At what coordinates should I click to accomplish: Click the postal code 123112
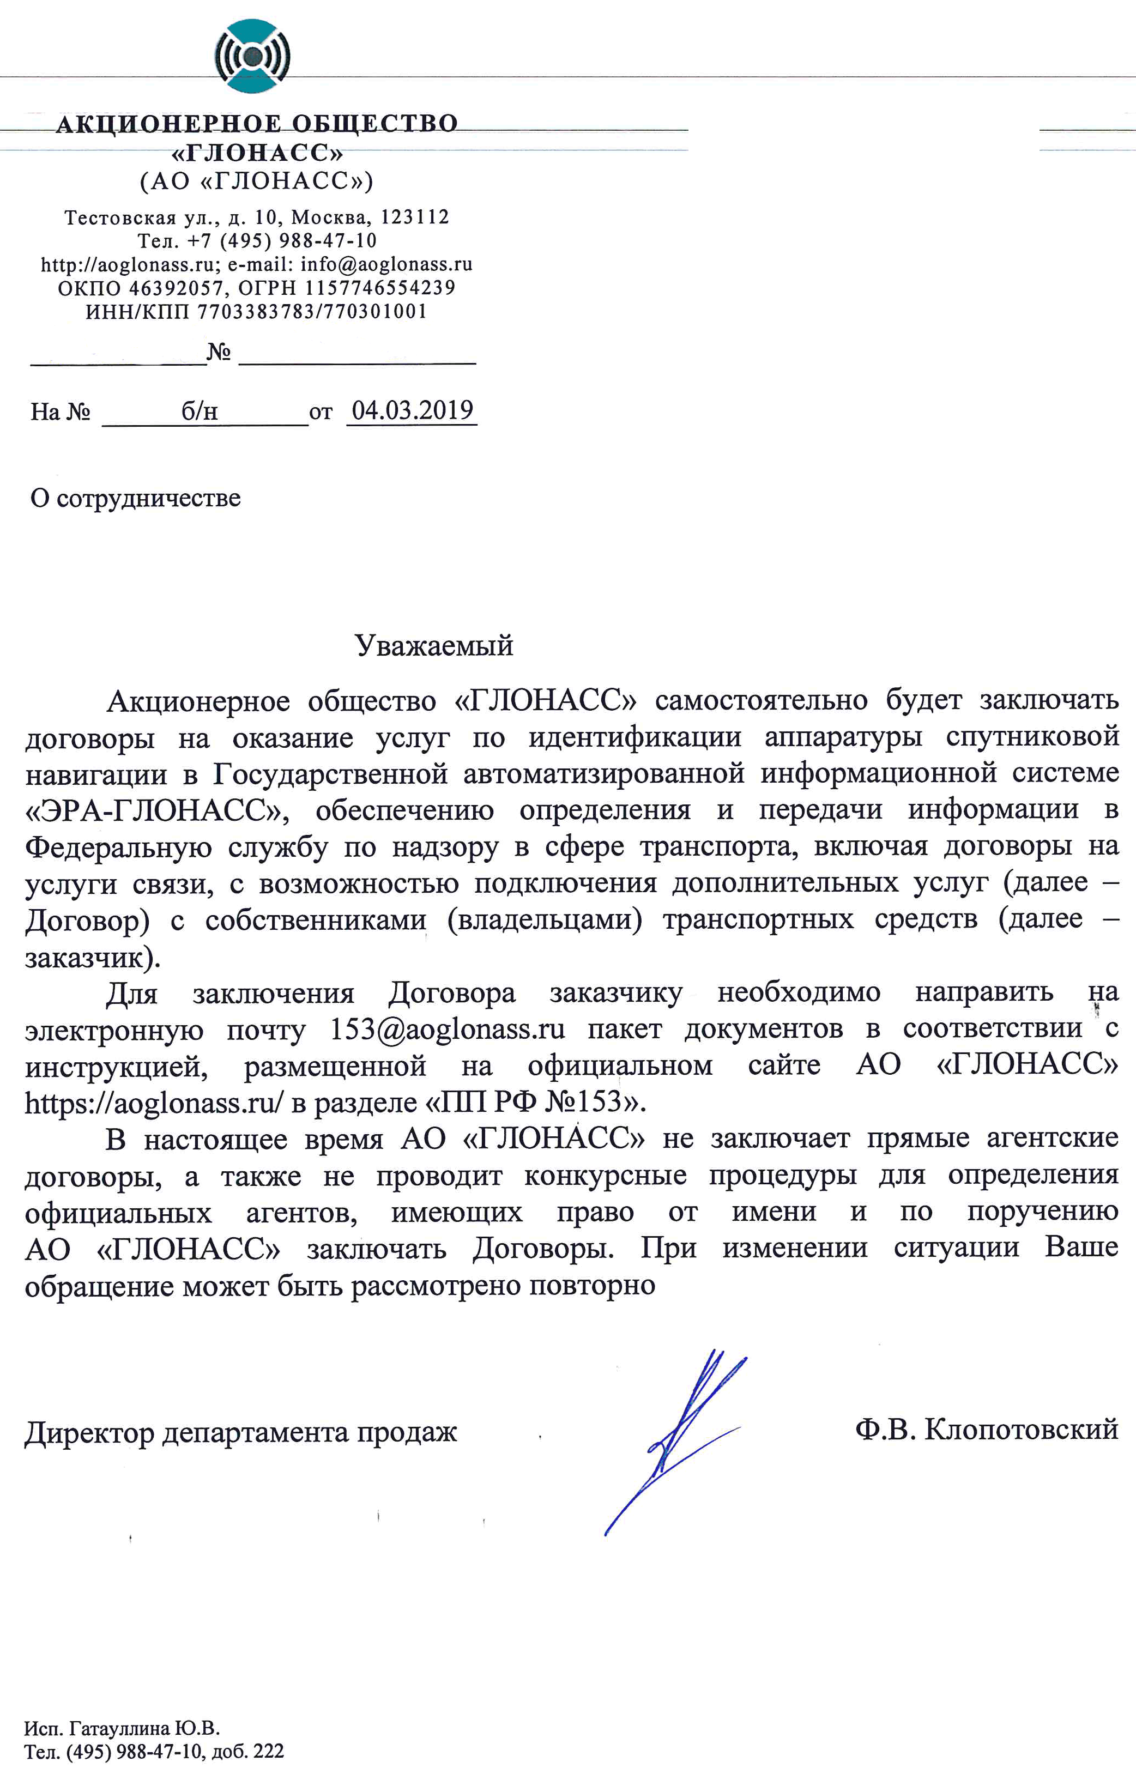[415, 217]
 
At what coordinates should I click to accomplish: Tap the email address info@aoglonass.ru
[386, 265]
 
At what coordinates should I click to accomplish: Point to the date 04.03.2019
[413, 411]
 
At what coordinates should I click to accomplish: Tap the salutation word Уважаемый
[434, 646]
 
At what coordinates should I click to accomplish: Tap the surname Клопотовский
[1020, 1429]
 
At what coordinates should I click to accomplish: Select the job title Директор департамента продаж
[241, 1433]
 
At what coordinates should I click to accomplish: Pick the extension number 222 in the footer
[268, 1752]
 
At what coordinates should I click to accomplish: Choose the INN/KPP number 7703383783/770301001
[312, 312]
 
